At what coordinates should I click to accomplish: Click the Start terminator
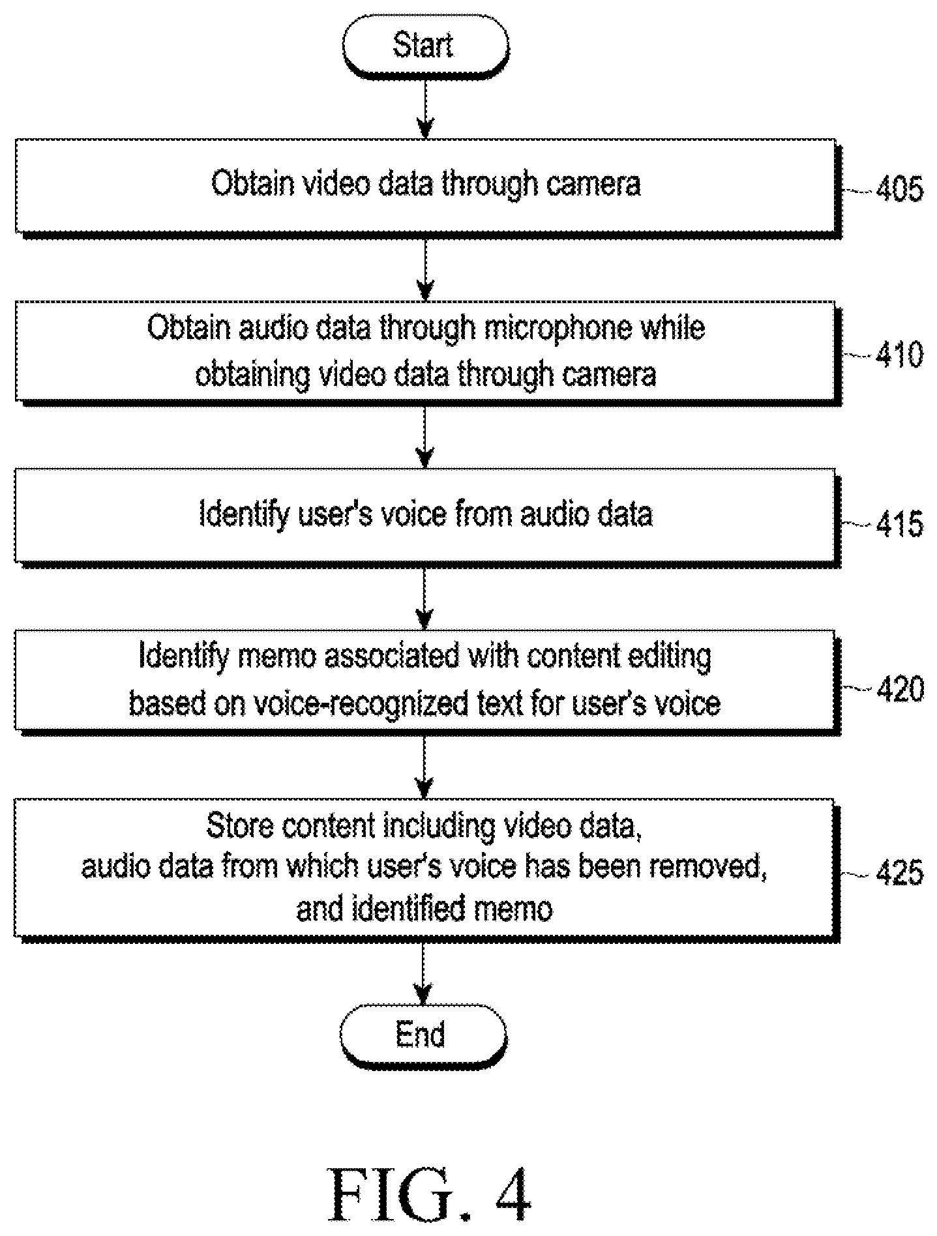(425, 46)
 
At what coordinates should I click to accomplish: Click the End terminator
(423, 1035)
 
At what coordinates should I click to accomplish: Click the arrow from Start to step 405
(425, 109)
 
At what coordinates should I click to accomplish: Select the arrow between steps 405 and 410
(425, 269)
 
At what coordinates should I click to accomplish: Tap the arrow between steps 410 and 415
(425, 436)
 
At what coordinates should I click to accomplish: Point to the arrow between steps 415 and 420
(425, 598)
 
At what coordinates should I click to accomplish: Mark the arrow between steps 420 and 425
(425, 767)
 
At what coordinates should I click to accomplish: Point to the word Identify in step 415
(245, 515)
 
